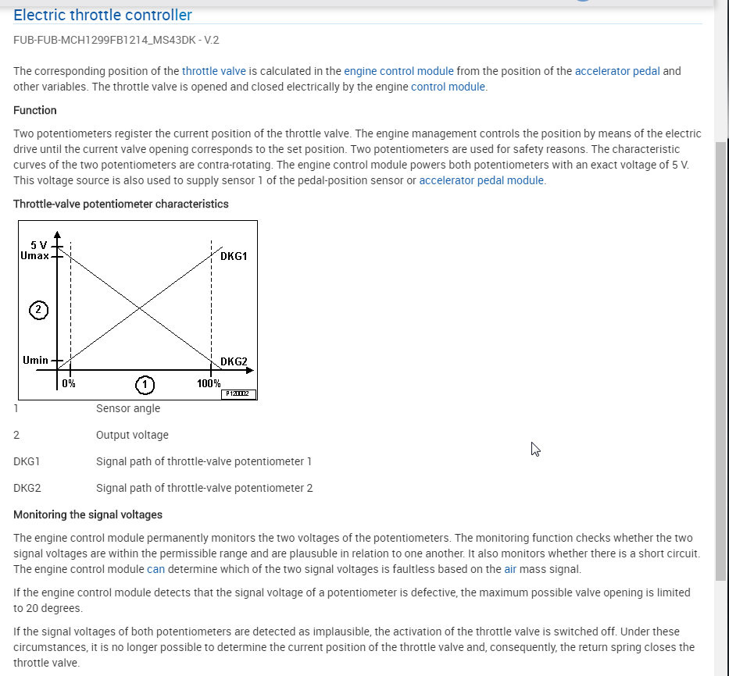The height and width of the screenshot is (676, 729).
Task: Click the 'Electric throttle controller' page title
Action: click(102, 15)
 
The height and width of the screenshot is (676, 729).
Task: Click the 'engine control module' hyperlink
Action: click(398, 71)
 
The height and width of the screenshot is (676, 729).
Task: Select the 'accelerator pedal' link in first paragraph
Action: click(617, 71)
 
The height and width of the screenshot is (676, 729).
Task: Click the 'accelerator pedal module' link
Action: click(481, 180)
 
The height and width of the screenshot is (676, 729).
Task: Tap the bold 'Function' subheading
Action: click(35, 110)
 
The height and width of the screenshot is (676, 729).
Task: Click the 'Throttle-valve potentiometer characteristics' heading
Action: click(121, 204)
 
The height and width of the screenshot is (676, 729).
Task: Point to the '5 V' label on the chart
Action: click(39, 245)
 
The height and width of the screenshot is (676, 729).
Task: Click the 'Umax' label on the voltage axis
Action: click(35, 255)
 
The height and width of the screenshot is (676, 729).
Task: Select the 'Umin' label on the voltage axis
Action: click(35, 360)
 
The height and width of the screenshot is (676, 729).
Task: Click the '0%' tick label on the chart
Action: click(69, 383)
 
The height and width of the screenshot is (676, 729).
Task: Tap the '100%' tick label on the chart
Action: click(209, 383)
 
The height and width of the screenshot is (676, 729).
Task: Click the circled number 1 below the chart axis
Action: click(144, 384)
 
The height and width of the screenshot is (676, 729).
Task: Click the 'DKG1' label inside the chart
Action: click(234, 256)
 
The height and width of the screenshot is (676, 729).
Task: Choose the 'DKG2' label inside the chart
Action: click(234, 361)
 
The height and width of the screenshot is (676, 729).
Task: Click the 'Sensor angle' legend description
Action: click(128, 408)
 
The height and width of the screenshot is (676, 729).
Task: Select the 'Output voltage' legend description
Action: click(132, 435)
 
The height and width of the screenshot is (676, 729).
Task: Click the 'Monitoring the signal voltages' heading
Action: click(88, 514)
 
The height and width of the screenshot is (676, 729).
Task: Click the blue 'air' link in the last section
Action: click(510, 569)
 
